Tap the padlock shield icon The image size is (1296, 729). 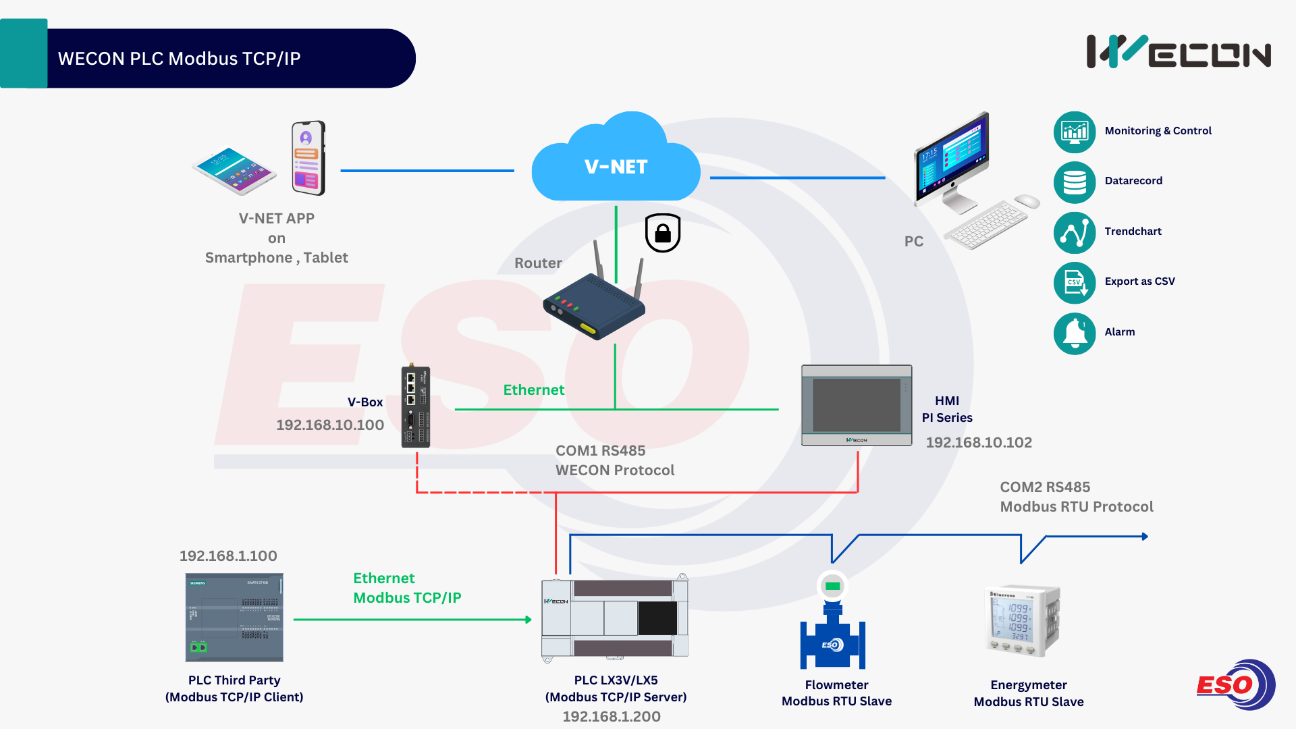[663, 233]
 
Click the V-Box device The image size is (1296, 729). [416, 407]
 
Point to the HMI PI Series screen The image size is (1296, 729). [857, 405]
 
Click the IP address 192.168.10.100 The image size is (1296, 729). [330, 425]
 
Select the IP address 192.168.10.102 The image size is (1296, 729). [979, 443]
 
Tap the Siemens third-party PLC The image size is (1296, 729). [234, 617]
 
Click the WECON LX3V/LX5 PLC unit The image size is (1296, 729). [615, 617]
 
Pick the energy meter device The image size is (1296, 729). [1023, 620]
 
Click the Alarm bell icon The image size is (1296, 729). [1075, 333]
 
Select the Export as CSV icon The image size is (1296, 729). [1075, 282]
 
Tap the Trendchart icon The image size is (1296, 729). [1075, 232]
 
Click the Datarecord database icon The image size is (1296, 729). [1075, 182]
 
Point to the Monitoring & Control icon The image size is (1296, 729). [1075, 132]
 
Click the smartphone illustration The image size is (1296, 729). [308, 158]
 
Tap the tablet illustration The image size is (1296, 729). [234, 170]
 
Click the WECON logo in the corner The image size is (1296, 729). [1179, 52]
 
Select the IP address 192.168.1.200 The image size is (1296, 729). [612, 717]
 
